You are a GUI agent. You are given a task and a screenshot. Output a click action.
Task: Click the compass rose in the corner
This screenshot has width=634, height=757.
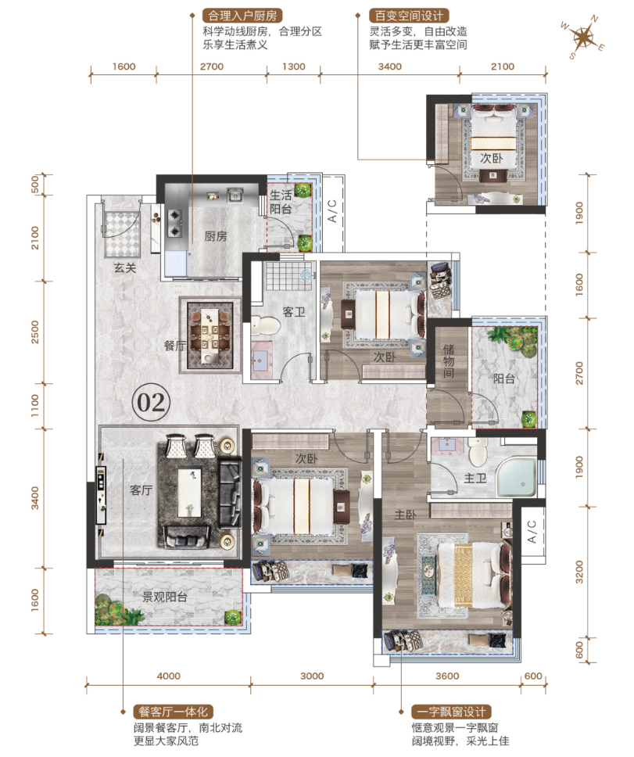(582, 38)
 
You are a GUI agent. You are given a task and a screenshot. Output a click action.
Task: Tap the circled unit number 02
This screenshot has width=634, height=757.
(151, 402)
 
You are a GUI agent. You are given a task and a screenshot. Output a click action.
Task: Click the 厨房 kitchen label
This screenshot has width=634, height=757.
(215, 236)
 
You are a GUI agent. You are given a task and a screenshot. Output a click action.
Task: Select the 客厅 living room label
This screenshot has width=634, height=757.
(141, 490)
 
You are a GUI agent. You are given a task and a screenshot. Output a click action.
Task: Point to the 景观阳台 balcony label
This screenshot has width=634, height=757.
(164, 597)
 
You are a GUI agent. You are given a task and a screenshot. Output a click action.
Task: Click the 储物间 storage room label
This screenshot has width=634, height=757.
(448, 361)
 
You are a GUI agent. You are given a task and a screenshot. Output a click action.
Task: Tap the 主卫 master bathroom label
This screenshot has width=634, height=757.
(475, 479)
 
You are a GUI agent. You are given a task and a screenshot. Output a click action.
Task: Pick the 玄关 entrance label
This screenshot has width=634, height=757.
(125, 267)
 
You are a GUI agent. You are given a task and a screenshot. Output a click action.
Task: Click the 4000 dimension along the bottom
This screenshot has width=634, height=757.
(168, 676)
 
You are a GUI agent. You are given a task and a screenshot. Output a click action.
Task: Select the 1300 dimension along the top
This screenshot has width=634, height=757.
(293, 66)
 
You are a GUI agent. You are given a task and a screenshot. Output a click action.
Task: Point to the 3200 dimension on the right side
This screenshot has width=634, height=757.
(579, 572)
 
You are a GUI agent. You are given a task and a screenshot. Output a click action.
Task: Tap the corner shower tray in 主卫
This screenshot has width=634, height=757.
(517, 477)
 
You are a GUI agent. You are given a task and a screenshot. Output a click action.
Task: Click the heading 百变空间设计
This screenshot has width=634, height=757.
(409, 16)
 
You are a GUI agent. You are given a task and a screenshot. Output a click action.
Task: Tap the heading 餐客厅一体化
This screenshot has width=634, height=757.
(173, 712)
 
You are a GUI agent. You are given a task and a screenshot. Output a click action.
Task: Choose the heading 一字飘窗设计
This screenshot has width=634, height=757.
(451, 712)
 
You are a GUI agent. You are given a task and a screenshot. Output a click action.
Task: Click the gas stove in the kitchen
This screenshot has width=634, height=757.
(174, 223)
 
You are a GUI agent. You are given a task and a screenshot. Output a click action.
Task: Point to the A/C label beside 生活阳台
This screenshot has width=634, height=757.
(332, 211)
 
